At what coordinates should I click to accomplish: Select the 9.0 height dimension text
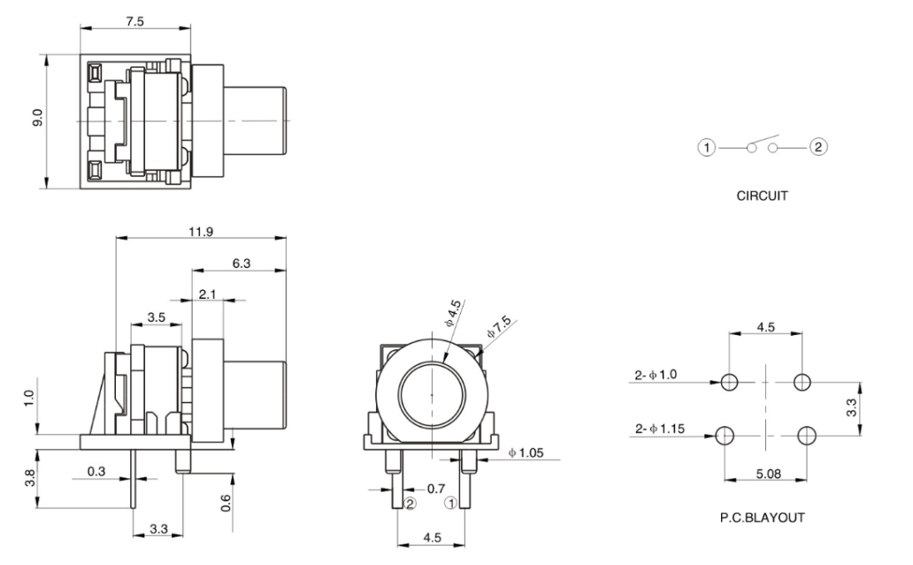(36, 119)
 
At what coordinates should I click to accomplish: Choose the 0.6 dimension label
(226, 502)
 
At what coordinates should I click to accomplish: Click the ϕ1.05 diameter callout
(529, 454)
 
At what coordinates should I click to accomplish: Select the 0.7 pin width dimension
(435, 487)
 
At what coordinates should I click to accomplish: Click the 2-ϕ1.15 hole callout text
(659, 429)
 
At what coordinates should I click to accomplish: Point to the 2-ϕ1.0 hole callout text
(656, 376)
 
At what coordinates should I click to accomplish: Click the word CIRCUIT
(762, 197)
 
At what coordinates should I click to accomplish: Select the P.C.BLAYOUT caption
(762, 517)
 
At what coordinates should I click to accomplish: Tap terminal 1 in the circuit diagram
(707, 147)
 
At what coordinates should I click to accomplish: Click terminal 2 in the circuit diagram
(818, 147)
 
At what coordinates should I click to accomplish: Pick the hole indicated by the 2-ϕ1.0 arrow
(729, 382)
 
